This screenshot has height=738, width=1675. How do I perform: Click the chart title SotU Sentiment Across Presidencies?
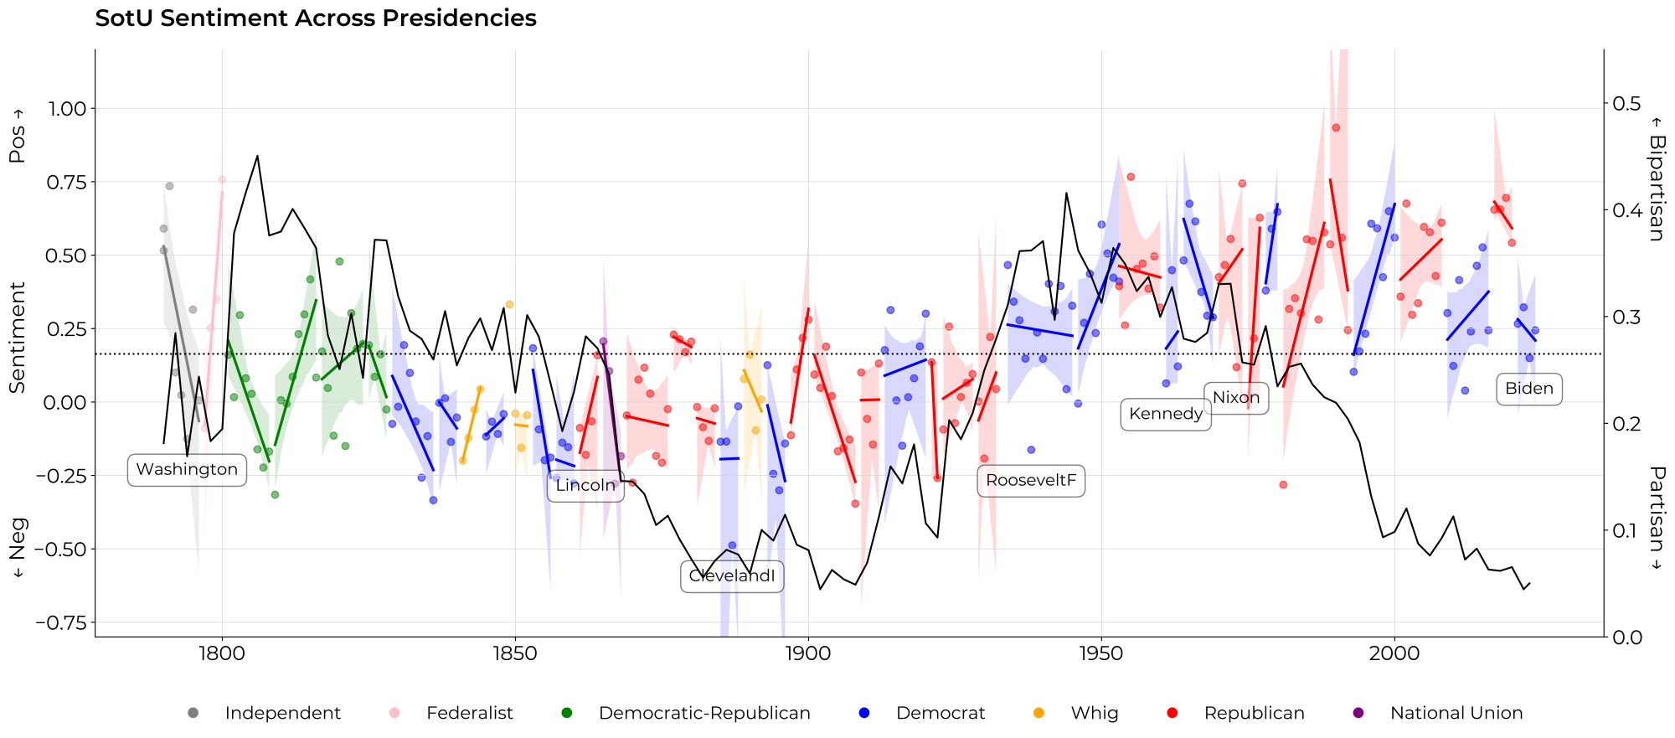(x=316, y=18)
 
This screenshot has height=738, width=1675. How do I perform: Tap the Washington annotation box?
(x=187, y=470)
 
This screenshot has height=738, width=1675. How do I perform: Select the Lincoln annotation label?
(x=585, y=486)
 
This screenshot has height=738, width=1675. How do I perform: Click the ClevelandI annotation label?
(x=732, y=576)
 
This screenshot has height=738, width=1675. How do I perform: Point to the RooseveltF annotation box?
(x=1031, y=481)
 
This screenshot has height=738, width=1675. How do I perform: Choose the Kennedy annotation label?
(x=1166, y=414)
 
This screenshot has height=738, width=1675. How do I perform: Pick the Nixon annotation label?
(x=1236, y=398)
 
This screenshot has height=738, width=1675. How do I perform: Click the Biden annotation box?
(x=1528, y=389)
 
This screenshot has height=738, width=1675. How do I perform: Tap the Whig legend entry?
(x=1094, y=714)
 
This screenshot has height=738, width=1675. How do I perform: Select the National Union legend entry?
(x=1456, y=714)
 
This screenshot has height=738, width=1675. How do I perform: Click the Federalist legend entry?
(x=469, y=714)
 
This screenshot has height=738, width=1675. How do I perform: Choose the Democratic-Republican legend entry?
(x=703, y=714)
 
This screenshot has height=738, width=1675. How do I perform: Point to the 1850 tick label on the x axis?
(x=515, y=654)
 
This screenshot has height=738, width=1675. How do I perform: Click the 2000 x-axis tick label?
(x=1394, y=654)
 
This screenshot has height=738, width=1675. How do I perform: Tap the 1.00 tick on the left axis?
(x=67, y=109)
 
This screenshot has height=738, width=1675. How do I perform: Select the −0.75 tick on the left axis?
(x=61, y=623)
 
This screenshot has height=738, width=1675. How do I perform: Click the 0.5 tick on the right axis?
(x=1626, y=103)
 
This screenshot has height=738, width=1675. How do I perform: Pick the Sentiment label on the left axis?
(x=18, y=337)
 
